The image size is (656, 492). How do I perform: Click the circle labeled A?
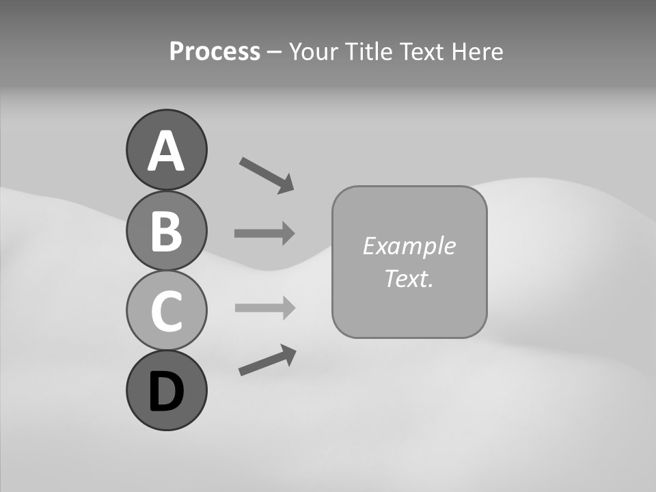pos(166,150)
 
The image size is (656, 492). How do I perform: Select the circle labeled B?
pos(166,231)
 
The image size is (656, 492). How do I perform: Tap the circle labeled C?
pos(166,310)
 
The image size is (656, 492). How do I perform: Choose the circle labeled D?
pos(166,390)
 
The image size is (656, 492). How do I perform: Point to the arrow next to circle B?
pos(263,234)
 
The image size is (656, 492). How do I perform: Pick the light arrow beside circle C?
pos(263,307)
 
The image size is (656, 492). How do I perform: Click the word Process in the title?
pos(215,52)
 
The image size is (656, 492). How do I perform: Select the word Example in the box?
pos(409,246)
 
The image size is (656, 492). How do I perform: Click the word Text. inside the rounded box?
pos(409,279)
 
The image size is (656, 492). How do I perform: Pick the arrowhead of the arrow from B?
pos(286,234)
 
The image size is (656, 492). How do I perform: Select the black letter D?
pos(166,392)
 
